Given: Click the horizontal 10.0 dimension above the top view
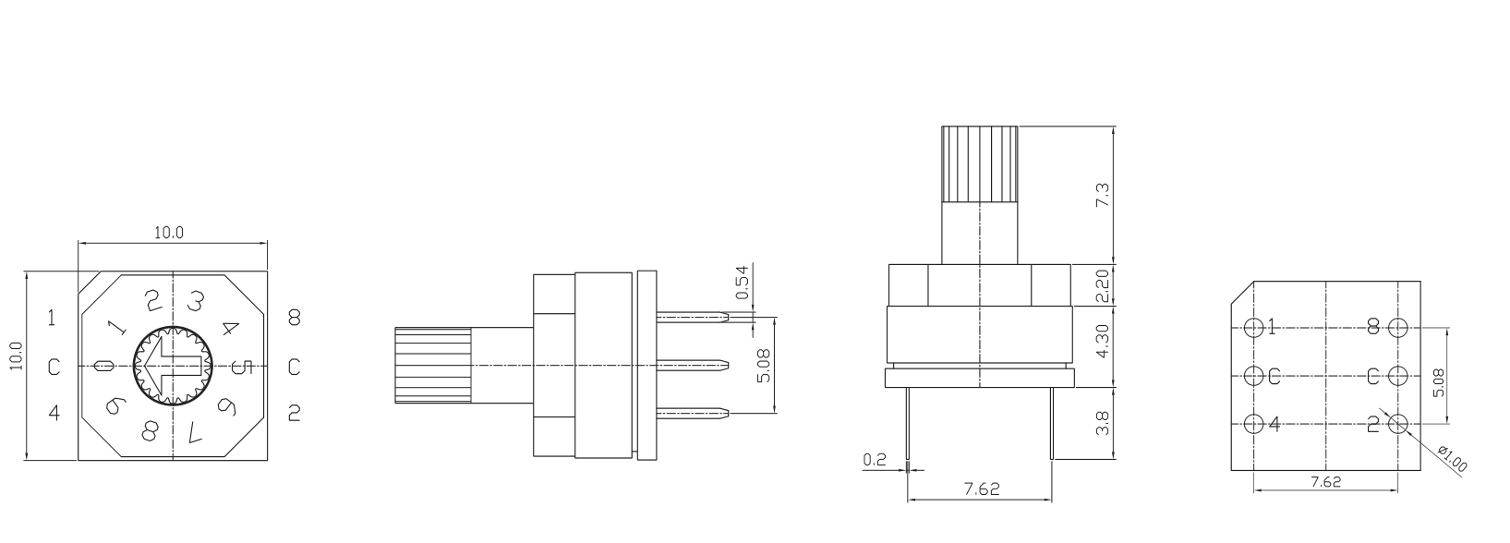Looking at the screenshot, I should tap(169, 233).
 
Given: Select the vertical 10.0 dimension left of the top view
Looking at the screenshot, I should tap(16, 356).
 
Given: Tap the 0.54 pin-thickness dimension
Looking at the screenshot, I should tap(743, 283).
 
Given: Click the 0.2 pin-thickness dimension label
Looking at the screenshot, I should tap(874, 459).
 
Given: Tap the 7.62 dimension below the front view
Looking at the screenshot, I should tap(981, 490).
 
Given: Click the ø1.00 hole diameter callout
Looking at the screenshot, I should tap(1453, 459).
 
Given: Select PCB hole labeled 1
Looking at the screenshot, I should tap(1253, 327).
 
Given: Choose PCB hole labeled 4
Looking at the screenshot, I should tap(1253, 424).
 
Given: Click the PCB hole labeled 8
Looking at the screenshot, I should tap(1397, 327).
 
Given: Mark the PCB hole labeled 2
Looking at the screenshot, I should tap(1397, 424).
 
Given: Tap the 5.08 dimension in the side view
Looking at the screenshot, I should tap(763, 366).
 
